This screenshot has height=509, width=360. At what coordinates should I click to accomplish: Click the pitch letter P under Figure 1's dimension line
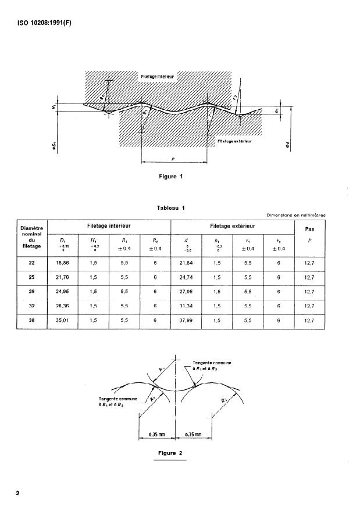[173, 164]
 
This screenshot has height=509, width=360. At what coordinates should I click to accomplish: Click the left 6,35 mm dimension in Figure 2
[156, 433]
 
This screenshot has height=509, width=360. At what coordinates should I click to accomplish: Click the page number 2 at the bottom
[17, 493]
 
